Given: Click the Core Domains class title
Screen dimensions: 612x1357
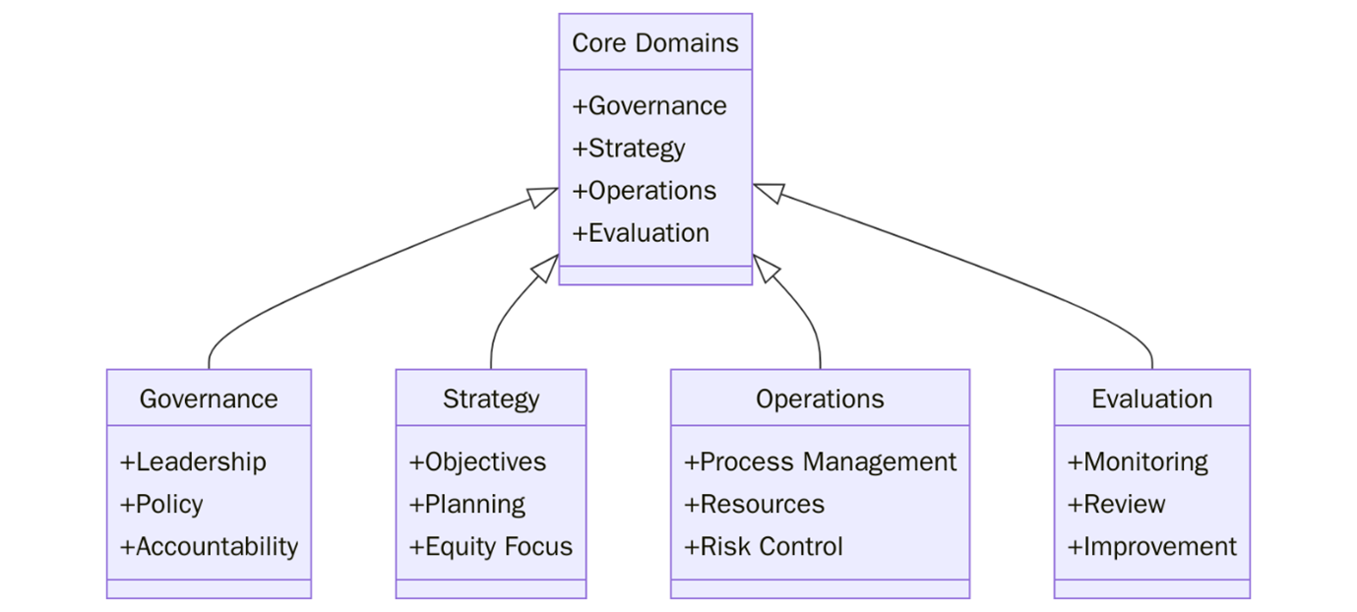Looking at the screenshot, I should pyautogui.click(x=654, y=43).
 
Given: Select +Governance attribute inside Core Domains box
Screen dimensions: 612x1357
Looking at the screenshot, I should pyautogui.click(x=649, y=106).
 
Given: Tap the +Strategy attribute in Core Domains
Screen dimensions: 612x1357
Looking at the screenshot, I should pyautogui.click(x=629, y=149).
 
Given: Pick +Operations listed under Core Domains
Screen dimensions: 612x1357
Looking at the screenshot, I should pyautogui.click(x=645, y=191).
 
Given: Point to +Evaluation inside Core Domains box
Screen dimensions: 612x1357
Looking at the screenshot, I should pyautogui.click(x=641, y=233).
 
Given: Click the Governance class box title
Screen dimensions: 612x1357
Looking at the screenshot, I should pyautogui.click(x=209, y=398).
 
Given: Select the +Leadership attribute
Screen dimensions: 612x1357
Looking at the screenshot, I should pyautogui.click(x=193, y=461).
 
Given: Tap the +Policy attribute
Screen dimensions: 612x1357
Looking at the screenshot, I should pyautogui.click(x=161, y=504).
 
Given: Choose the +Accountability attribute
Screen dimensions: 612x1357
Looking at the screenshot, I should pyautogui.click(x=209, y=546).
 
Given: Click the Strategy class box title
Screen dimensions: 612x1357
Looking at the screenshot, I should pyautogui.click(x=491, y=398).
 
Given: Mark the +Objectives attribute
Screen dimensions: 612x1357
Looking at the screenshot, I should pyautogui.click(x=477, y=461).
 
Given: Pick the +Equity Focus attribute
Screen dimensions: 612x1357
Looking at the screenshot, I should pyautogui.click(x=490, y=546).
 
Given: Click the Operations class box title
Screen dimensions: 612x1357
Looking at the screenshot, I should pyautogui.click(x=820, y=398).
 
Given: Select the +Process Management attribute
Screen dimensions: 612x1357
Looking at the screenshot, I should pyautogui.click(x=820, y=461).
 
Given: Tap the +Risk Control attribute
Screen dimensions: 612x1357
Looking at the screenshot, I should pyautogui.click(x=764, y=546).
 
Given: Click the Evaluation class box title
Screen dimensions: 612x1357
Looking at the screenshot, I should pyautogui.click(x=1151, y=398).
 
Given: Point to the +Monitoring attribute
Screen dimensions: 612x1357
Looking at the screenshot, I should pyautogui.click(x=1138, y=461).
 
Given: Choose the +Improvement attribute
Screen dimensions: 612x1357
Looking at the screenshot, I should pyautogui.click(x=1151, y=546).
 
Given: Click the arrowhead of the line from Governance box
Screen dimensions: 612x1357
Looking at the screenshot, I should pyautogui.click(x=544, y=197).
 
